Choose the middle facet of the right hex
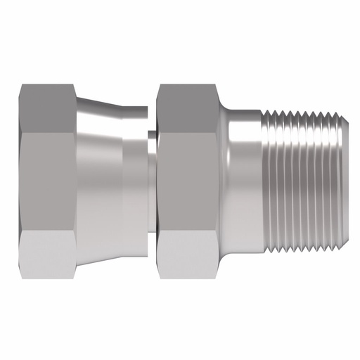click(188, 180)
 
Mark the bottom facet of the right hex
click(188, 253)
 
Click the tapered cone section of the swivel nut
click(102, 180)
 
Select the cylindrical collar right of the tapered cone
click(135, 180)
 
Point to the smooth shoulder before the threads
click(243, 180)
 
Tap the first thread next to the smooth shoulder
click(269, 180)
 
